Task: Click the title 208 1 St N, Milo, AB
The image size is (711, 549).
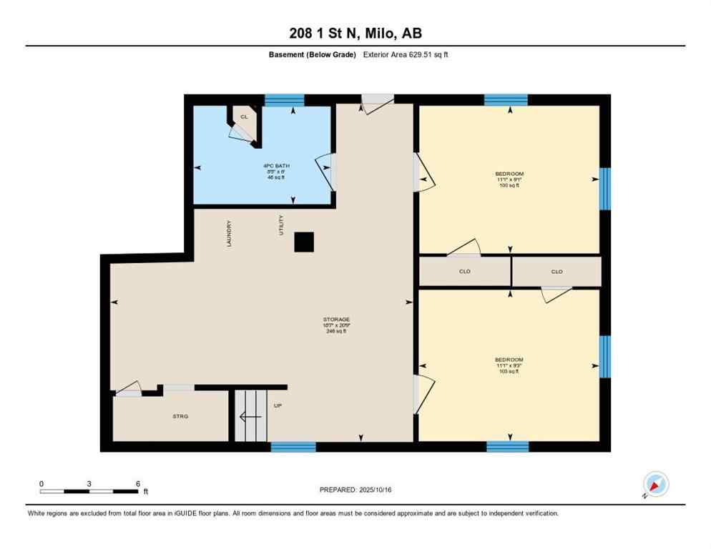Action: (355, 33)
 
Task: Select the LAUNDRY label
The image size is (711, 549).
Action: (229, 233)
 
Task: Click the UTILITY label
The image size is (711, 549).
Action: (281, 225)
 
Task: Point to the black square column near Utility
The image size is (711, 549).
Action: (304, 242)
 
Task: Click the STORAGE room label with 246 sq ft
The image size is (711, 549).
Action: (335, 325)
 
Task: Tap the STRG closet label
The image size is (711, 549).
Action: (180, 416)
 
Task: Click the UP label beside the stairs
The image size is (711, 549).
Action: (278, 405)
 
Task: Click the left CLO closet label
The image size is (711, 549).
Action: (464, 272)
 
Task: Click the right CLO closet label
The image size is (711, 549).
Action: (556, 272)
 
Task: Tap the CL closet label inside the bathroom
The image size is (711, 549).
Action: (244, 116)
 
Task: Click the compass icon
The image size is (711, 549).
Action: (654, 485)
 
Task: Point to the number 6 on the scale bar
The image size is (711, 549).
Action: (137, 484)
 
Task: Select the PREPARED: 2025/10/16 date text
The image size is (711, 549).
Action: (355, 490)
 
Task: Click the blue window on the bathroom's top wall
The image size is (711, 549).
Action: (284, 100)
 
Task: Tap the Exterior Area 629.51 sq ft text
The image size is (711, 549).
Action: (406, 54)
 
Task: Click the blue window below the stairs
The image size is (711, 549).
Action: (293, 447)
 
